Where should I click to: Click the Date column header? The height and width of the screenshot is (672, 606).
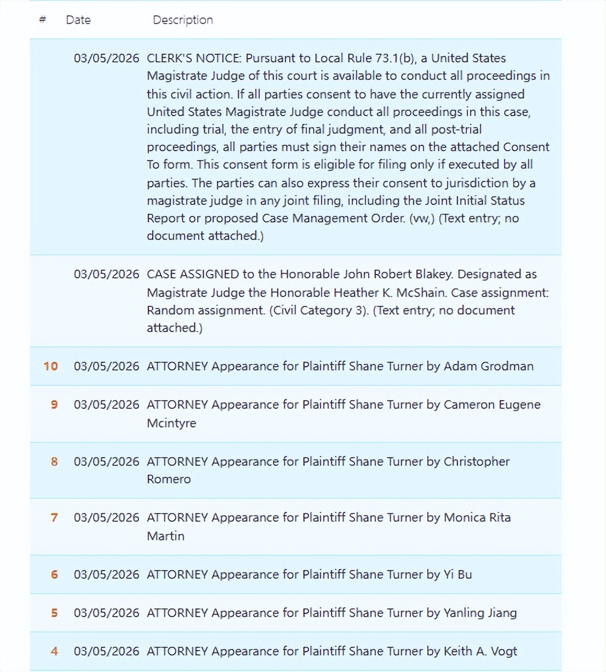tap(78, 20)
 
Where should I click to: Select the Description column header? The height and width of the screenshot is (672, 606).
tap(182, 20)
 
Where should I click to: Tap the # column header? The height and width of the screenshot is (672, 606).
tap(43, 20)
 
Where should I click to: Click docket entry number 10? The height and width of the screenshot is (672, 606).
tap(50, 366)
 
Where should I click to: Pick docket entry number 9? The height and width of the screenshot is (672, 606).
tap(54, 405)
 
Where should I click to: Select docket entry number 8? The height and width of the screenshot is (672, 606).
tap(54, 462)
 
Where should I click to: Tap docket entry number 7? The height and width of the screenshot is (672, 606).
tap(54, 517)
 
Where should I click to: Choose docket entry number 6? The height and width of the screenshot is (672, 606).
tap(54, 574)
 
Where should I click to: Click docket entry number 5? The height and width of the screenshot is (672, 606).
tap(54, 613)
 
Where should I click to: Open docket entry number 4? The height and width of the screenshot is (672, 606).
tap(54, 651)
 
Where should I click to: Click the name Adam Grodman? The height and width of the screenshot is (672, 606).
tap(488, 366)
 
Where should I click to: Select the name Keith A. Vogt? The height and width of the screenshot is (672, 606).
tap(480, 651)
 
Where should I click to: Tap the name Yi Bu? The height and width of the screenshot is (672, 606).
tap(458, 574)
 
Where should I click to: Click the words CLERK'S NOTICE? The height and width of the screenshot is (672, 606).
tap(193, 58)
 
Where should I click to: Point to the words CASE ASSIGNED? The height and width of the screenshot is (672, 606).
tap(193, 274)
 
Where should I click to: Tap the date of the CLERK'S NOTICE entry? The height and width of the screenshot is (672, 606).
tap(106, 58)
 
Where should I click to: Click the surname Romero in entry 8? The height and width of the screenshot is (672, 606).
tap(169, 479)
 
